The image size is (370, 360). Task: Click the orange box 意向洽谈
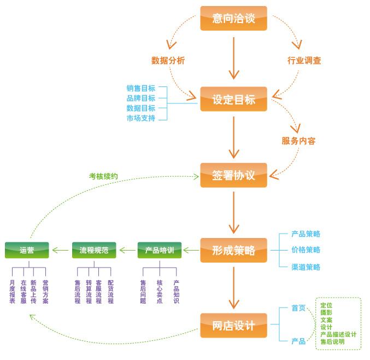(x=233, y=19)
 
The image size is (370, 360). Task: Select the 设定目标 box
(x=233, y=100)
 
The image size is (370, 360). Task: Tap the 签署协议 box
(x=233, y=175)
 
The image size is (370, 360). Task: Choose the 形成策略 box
(x=233, y=251)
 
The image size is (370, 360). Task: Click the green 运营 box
(x=27, y=251)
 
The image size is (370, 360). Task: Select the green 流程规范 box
(x=94, y=251)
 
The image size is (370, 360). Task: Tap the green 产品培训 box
(x=159, y=251)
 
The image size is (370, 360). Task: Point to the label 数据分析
(x=168, y=61)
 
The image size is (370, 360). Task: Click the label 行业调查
(x=304, y=61)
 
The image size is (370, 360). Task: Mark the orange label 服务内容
(x=298, y=141)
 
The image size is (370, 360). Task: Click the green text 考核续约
(x=103, y=176)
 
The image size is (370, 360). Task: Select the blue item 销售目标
(x=140, y=89)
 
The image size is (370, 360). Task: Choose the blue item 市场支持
(x=140, y=118)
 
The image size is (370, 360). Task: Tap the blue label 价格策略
(x=306, y=250)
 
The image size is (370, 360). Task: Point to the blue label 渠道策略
(x=306, y=267)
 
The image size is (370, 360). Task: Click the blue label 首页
(x=298, y=308)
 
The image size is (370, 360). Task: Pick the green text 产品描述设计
(x=338, y=334)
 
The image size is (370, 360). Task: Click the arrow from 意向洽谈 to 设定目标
(x=234, y=57)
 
